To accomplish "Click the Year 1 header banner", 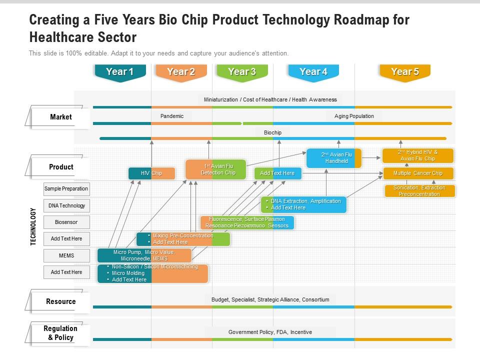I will (x=120, y=72).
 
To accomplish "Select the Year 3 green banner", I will (x=242, y=72).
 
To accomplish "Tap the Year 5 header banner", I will (x=404, y=72).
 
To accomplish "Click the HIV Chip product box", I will (x=151, y=173).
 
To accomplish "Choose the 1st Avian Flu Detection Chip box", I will (x=216, y=169).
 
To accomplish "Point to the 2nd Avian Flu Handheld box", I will (x=333, y=158).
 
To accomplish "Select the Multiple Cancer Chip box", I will (x=418, y=173).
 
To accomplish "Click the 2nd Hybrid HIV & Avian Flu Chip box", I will (x=418, y=155).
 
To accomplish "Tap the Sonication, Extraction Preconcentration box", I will (x=420, y=191).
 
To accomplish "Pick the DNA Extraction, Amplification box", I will (x=303, y=204).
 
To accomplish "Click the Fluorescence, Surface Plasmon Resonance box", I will (x=247, y=222).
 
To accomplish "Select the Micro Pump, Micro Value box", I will (x=144, y=255).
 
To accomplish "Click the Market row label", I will (x=60, y=117).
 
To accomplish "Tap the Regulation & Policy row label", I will (x=60, y=333).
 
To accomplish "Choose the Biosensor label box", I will (x=66, y=222).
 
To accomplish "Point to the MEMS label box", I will (x=66, y=255).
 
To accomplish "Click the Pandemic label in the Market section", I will (x=172, y=116).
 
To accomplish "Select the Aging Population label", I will (x=354, y=116).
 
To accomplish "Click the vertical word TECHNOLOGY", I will (x=33, y=226).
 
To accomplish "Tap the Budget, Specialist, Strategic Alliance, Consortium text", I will (x=270, y=299).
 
